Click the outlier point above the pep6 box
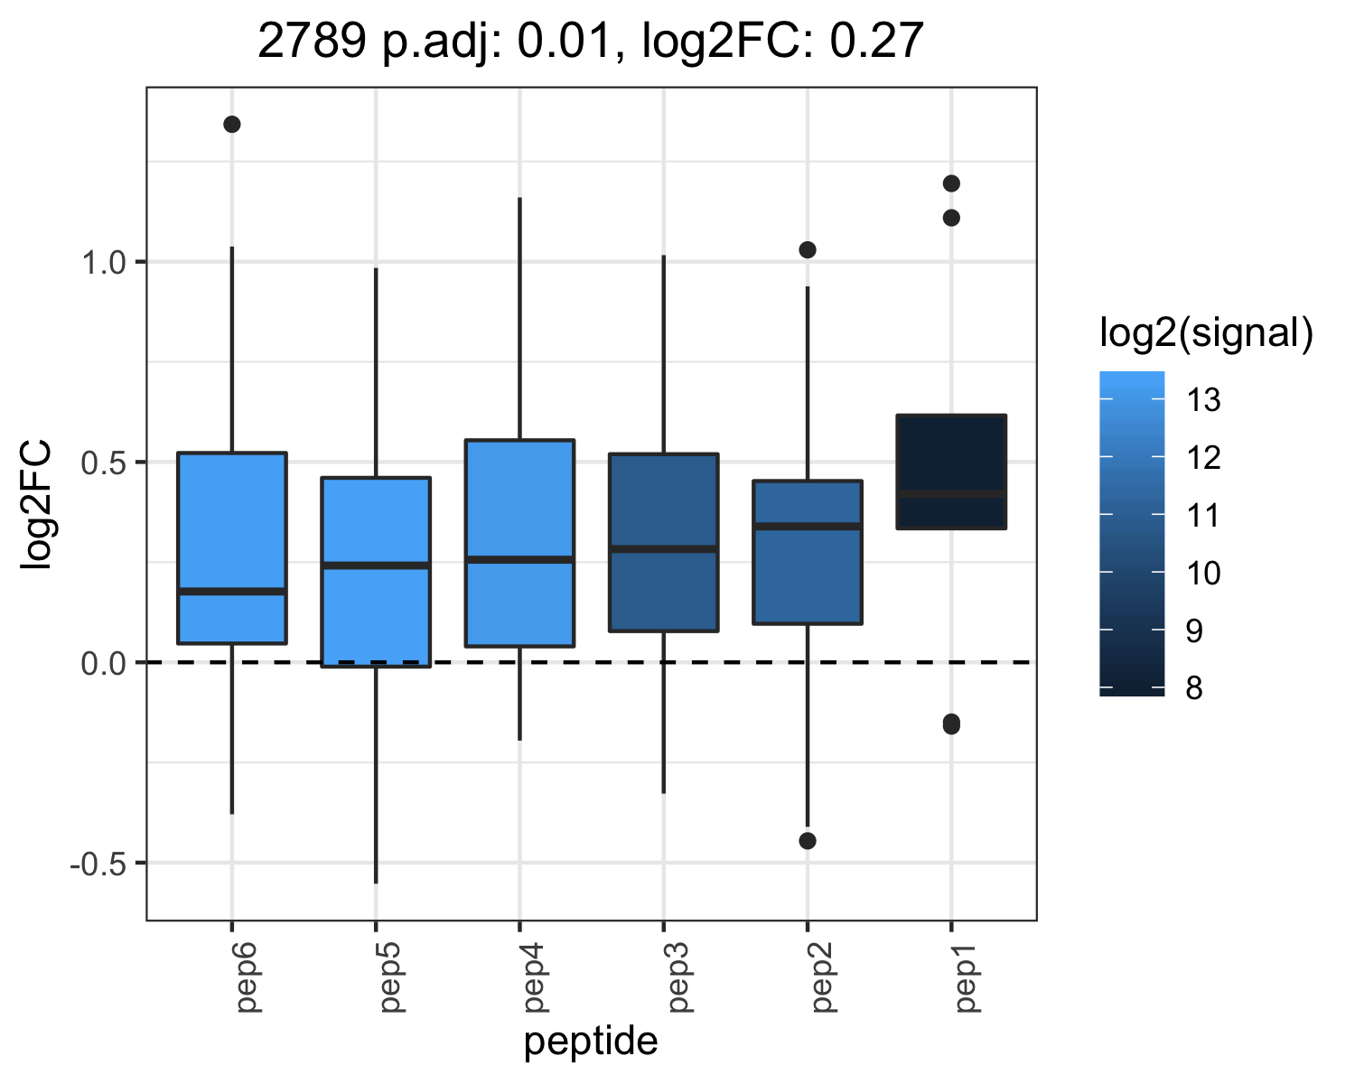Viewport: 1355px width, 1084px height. [x=232, y=124]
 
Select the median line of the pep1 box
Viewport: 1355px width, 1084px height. [x=951, y=494]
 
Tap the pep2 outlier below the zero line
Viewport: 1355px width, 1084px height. [x=808, y=841]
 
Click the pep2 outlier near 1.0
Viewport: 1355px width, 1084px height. [x=808, y=250]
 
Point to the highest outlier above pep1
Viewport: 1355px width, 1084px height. [x=951, y=183]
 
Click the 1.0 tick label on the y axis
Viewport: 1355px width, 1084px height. [x=105, y=263]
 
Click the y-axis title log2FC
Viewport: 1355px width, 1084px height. [x=35, y=505]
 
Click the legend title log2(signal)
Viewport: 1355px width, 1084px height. [x=1207, y=332]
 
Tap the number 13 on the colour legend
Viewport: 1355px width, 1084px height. [x=1203, y=400]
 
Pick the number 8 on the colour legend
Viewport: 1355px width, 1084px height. [x=1194, y=687]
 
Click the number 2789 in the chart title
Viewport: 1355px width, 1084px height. [x=312, y=41]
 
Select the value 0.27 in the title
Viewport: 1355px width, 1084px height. [x=876, y=41]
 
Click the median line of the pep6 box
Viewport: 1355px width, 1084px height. [x=232, y=592]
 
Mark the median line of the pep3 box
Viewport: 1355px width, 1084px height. [x=664, y=549]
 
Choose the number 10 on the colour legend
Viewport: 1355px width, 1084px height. [x=1203, y=574]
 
